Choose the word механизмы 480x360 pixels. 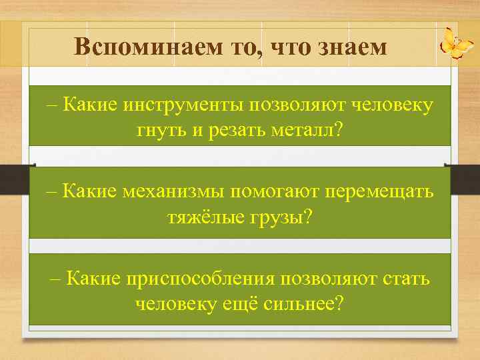tap(171, 191)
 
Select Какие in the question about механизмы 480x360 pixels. tap(90, 191)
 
